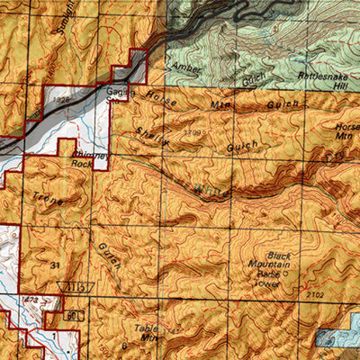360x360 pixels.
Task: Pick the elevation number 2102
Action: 315,293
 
